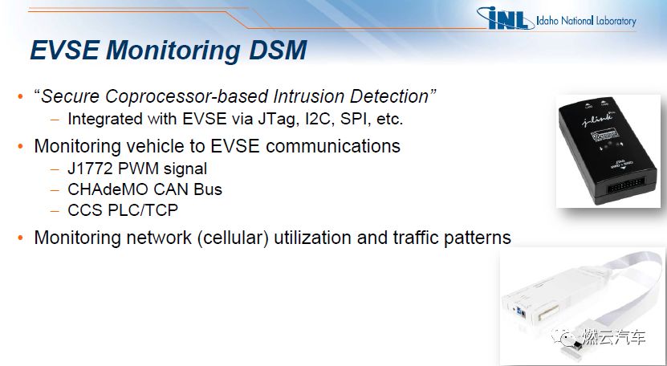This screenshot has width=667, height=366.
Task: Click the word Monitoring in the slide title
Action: [x=173, y=51]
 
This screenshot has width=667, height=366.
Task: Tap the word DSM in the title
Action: [x=278, y=50]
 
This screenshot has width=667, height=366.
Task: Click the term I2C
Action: [x=315, y=119]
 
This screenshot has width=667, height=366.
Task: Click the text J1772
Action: [x=91, y=169]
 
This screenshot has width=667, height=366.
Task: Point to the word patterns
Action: [x=478, y=238]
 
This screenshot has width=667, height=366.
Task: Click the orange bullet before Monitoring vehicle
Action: [x=20, y=146]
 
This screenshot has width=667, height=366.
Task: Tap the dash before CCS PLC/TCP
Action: [x=55, y=210]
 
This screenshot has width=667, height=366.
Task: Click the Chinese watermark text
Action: [x=615, y=337]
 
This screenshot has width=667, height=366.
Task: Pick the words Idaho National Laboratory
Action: [x=586, y=20]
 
